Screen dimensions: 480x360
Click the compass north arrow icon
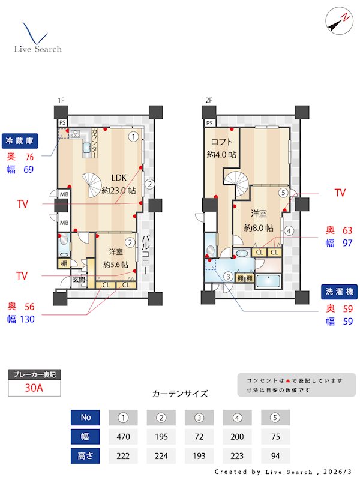pos(337,21)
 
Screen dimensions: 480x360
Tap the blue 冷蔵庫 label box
pos(21,141)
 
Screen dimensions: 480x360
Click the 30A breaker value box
pos(34,388)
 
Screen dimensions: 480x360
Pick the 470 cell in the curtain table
pos(124,436)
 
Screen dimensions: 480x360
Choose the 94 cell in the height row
pos(275,455)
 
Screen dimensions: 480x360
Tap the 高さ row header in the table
pos(85,455)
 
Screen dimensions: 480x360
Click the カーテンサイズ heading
pos(180,394)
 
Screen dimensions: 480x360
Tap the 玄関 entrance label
pos(79,279)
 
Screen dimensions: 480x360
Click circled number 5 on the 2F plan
pos(283,193)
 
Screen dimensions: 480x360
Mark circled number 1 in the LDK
pos(133,136)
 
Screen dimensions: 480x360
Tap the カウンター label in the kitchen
pos(94,143)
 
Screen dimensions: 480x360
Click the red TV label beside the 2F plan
pos(340,193)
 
